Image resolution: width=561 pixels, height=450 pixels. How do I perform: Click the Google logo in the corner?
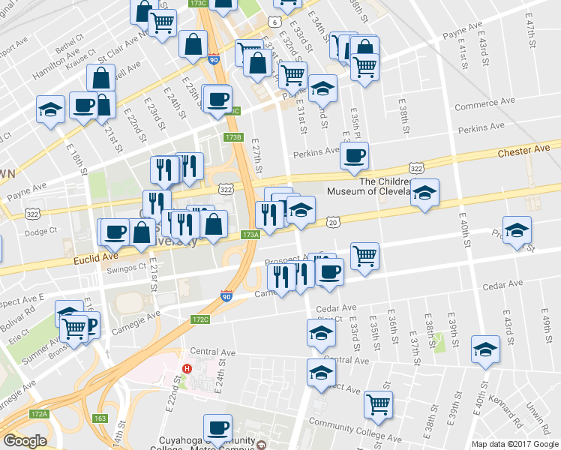[x=25, y=441]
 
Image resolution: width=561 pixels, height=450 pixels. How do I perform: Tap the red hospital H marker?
[x=187, y=368]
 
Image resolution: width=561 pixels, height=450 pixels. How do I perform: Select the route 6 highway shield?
[x=276, y=22]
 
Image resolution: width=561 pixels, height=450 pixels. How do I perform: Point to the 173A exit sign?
[x=250, y=235]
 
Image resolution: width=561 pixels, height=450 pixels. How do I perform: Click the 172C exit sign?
[x=200, y=319]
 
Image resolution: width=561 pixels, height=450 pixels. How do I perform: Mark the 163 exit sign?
[x=100, y=418]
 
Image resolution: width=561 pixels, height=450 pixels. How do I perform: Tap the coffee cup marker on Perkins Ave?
[x=354, y=155]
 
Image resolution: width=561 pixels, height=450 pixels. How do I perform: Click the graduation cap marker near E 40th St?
[x=485, y=349]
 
